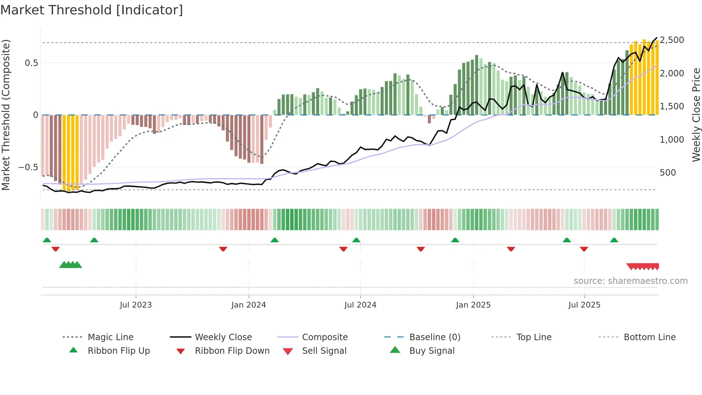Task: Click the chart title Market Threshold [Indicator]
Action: pos(92,10)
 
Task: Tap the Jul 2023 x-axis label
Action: pos(136,305)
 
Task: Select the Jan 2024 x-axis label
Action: pos(249,305)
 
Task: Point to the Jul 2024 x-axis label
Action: pos(360,305)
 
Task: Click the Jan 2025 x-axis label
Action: pos(473,305)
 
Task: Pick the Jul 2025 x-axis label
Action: pos(584,305)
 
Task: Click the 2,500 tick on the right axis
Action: pos(672,40)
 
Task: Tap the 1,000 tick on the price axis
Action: pos(672,139)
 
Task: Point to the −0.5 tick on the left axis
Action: pos(28,167)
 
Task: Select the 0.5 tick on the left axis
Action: pos(32,63)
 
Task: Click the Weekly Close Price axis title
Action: pos(696,115)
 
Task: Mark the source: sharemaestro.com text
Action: pos(630,281)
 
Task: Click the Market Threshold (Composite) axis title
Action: pos(6,115)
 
